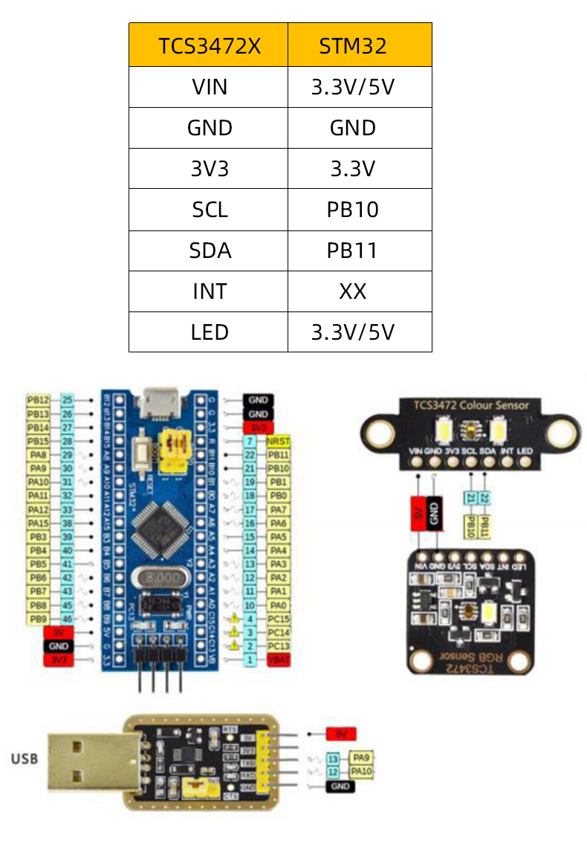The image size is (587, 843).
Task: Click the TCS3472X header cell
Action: pyautogui.click(x=209, y=46)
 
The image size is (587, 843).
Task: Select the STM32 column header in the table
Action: pyautogui.click(x=353, y=46)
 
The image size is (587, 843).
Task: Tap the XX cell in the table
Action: pyautogui.click(x=353, y=291)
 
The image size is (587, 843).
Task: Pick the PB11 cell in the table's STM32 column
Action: pyautogui.click(x=353, y=251)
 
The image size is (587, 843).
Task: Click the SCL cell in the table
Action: pyautogui.click(x=209, y=210)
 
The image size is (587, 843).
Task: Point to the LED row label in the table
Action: pyautogui.click(x=209, y=332)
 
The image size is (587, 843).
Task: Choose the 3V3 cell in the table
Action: pyautogui.click(x=209, y=169)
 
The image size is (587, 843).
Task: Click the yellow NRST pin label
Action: pyautogui.click(x=277, y=441)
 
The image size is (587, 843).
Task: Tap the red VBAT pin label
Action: pyautogui.click(x=277, y=659)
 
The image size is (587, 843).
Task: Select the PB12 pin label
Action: pyautogui.click(x=39, y=400)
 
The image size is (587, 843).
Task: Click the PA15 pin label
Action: pyautogui.click(x=39, y=523)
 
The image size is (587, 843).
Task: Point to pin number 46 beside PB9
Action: pyautogui.click(x=68, y=618)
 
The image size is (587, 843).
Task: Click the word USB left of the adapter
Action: pyautogui.click(x=24, y=759)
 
